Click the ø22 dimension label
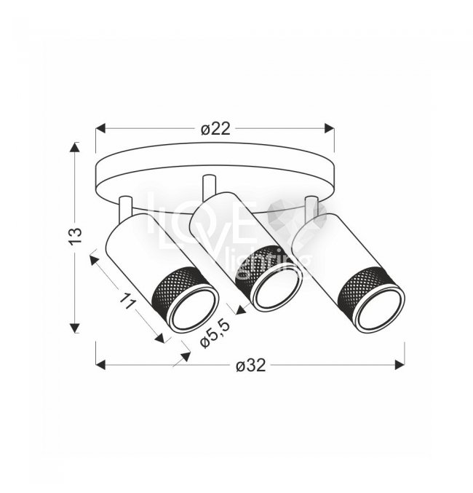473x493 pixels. [215, 129]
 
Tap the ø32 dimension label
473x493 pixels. [250, 366]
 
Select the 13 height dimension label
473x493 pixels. [76, 236]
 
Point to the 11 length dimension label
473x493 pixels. [127, 301]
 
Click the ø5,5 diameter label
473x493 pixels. [215, 334]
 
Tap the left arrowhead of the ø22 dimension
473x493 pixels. [100, 129]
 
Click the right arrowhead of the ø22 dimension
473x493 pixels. [330, 128]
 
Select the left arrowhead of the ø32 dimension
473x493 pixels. [100, 365]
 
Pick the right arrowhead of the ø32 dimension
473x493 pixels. [400, 365]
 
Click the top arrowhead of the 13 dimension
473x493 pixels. [75, 147]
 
